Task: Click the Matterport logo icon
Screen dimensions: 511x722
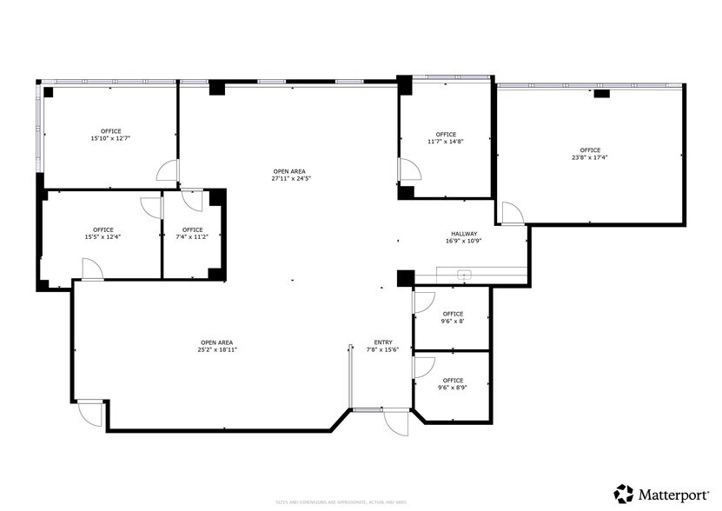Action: pyautogui.click(x=624, y=494)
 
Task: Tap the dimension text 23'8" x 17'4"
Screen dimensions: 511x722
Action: pyautogui.click(x=590, y=158)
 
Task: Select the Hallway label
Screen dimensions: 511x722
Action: pyautogui.click(x=465, y=233)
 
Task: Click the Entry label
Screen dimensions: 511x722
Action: pyautogui.click(x=383, y=342)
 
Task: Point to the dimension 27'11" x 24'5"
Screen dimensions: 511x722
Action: pyautogui.click(x=291, y=178)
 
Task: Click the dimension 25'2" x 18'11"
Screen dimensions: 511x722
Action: pyautogui.click(x=218, y=349)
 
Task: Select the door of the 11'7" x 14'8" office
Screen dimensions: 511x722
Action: pyautogui.click(x=406, y=170)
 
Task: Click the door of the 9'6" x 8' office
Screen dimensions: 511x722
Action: pyautogui.click(x=423, y=302)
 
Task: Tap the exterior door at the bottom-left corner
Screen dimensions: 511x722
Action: pyautogui.click(x=89, y=414)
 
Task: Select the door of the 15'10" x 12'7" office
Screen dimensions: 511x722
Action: pyautogui.click(x=168, y=170)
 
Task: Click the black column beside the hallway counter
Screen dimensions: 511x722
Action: pyautogui.click(x=405, y=278)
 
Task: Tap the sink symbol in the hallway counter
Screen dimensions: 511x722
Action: pyautogui.click(x=464, y=275)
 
